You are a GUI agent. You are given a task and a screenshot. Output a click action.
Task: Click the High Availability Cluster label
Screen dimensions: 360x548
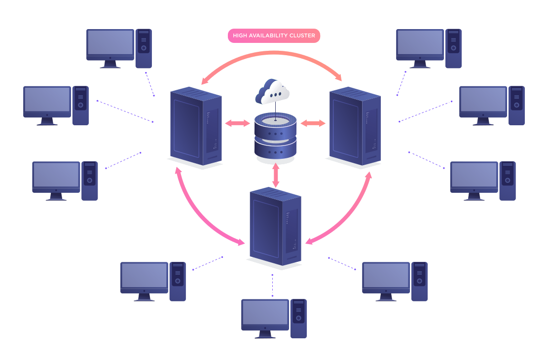(274, 36)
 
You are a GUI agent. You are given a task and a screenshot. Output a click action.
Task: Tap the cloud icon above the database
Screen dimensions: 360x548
(272, 92)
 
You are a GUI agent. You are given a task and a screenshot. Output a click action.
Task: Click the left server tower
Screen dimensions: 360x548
(196, 127)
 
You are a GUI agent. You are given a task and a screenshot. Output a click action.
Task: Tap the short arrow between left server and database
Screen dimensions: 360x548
(238, 123)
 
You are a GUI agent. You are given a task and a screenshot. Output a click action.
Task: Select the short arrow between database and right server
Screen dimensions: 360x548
(313, 123)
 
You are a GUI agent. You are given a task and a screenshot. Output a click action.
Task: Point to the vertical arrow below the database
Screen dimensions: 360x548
(276, 175)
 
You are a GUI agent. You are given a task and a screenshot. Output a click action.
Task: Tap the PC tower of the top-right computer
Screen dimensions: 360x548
(453, 48)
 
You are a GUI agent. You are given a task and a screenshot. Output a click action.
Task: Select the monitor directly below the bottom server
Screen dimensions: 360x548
(265, 315)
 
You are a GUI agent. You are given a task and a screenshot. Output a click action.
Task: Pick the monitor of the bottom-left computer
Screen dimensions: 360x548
(145, 277)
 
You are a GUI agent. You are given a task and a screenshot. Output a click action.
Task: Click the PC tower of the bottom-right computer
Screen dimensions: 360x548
(420, 281)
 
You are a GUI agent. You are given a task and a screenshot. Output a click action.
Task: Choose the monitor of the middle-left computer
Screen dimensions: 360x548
(47, 102)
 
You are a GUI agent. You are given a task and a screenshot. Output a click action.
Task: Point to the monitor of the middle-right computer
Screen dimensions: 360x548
(483, 102)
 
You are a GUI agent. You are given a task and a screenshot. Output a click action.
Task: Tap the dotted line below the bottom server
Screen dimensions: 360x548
(272, 285)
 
